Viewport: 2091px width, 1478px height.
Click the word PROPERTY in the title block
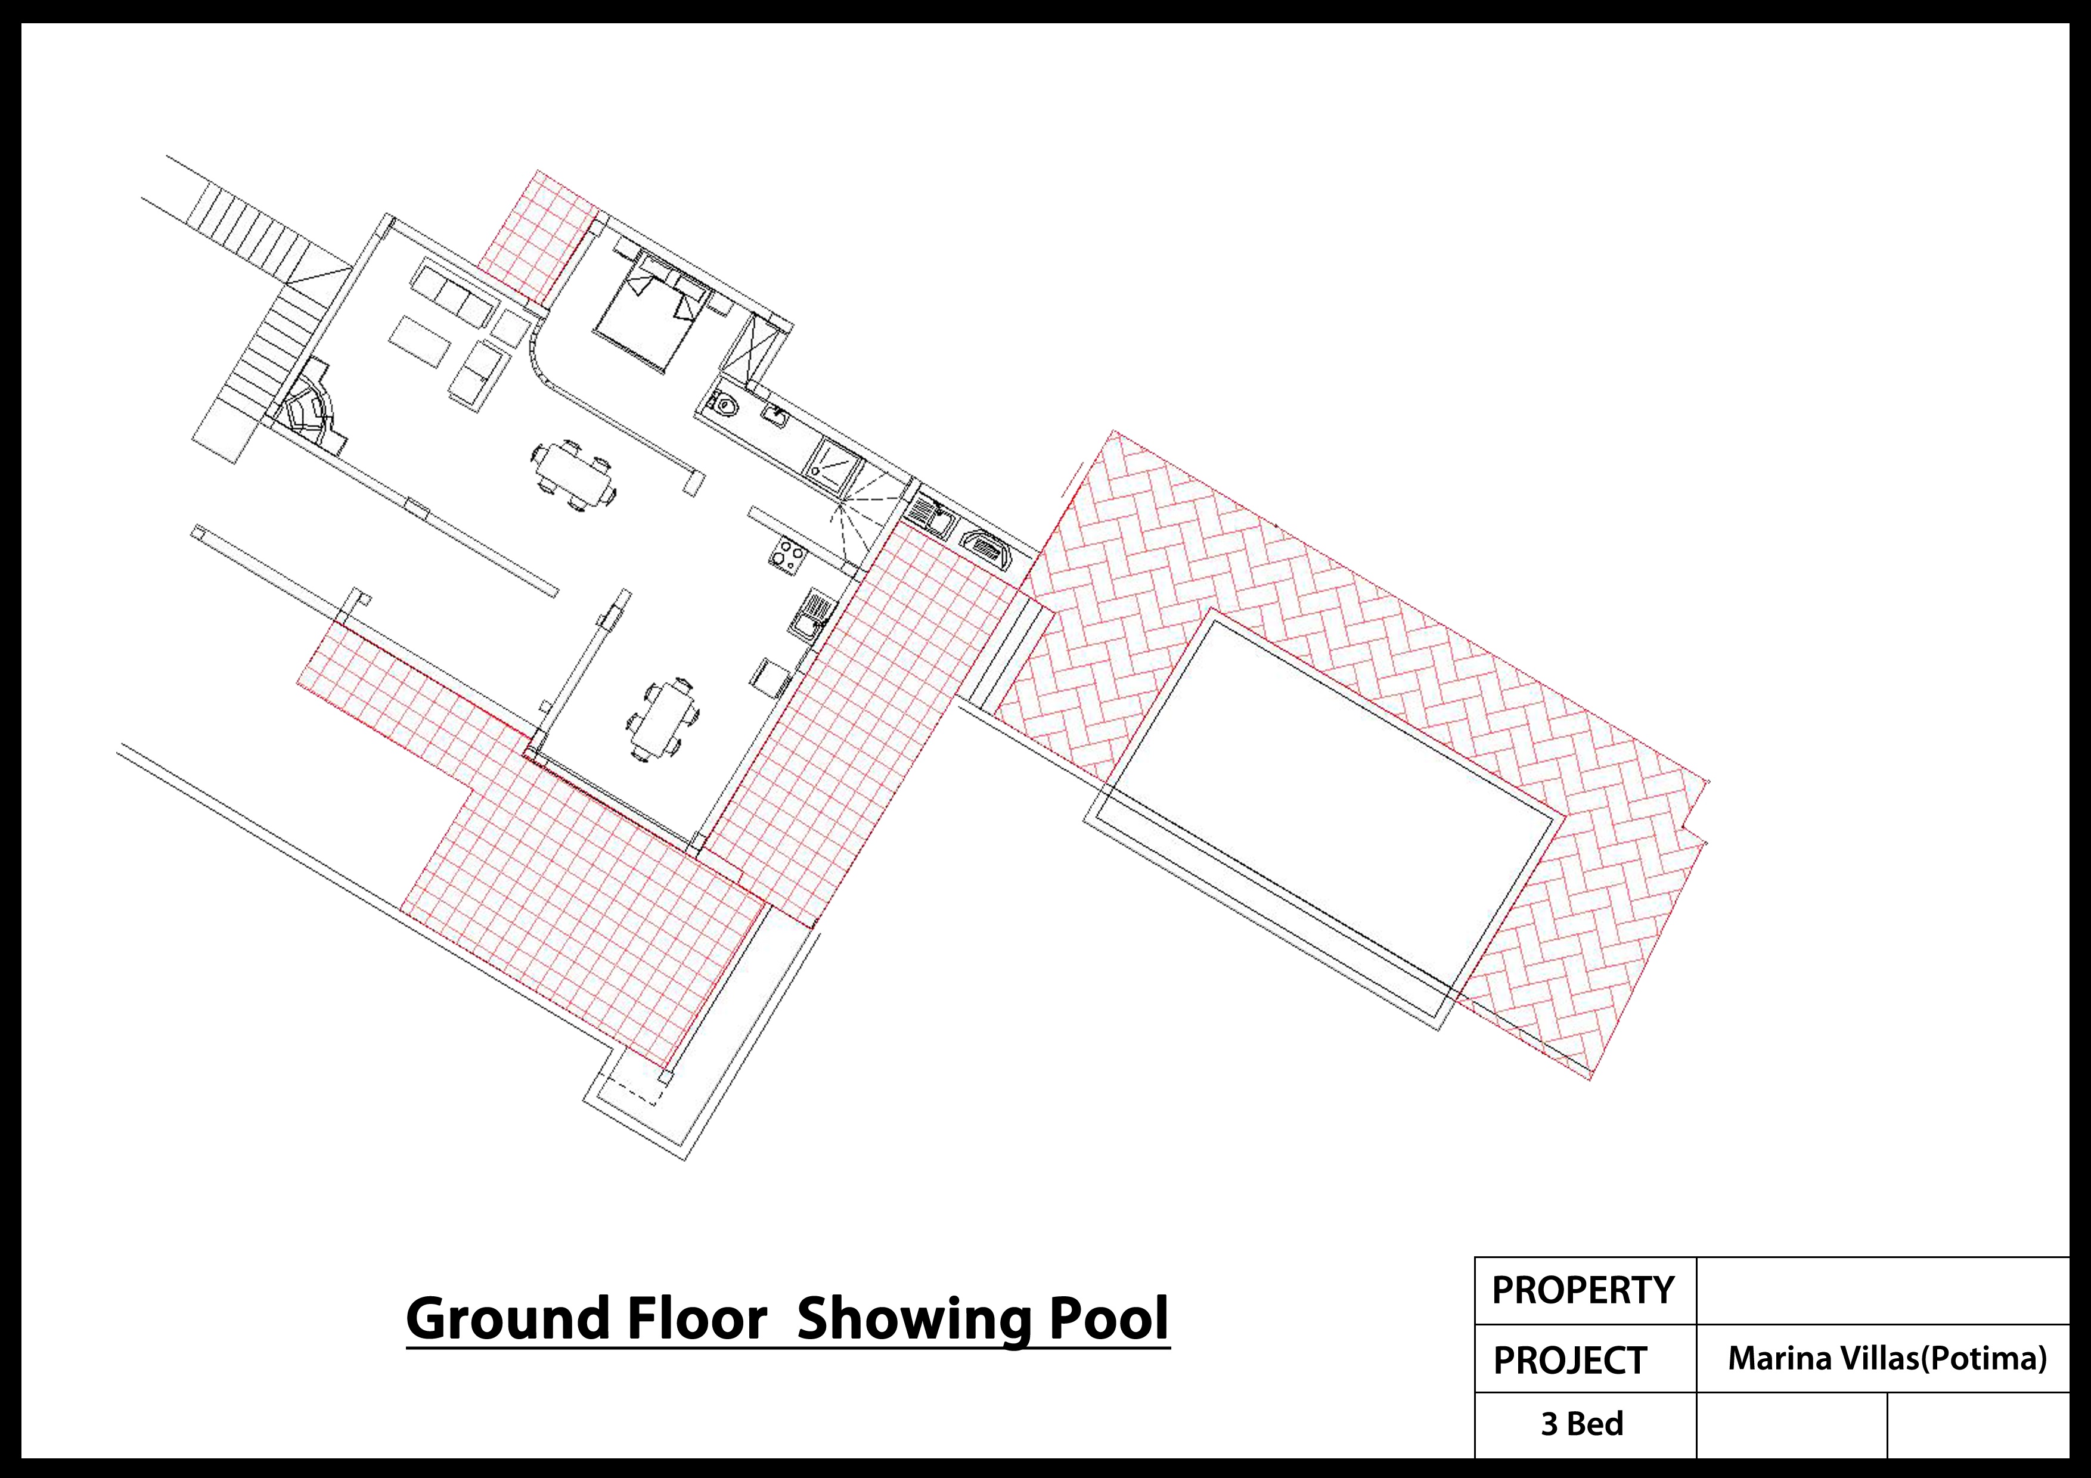pyautogui.click(x=1583, y=1290)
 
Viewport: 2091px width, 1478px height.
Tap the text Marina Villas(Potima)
pyautogui.click(x=1887, y=1359)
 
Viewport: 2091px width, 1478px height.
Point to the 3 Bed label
pyautogui.click(x=1582, y=1423)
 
